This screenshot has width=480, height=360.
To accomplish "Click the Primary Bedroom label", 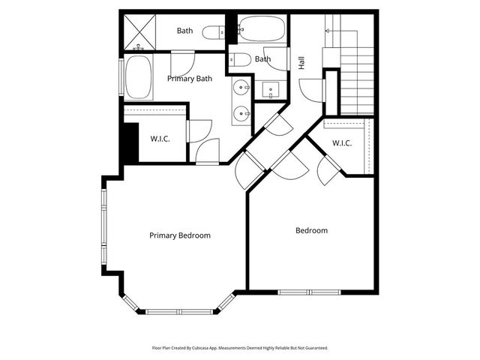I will click(x=179, y=235).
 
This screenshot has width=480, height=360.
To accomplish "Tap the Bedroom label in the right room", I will click(x=311, y=230).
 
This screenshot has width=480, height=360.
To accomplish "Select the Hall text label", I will click(x=301, y=63).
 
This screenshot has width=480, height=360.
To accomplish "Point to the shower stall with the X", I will click(x=139, y=31).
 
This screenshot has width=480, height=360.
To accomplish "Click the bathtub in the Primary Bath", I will click(x=139, y=77).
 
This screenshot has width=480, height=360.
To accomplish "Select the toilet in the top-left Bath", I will click(x=214, y=31).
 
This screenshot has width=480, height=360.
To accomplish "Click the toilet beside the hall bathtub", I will click(x=239, y=59).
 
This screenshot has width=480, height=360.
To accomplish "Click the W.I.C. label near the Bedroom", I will click(x=342, y=143).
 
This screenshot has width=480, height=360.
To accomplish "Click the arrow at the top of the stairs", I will click(x=328, y=30).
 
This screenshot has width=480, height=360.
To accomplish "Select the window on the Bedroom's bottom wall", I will click(x=309, y=291).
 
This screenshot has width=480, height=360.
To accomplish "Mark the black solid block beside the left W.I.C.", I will click(x=130, y=140).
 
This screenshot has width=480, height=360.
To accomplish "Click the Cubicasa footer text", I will click(x=240, y=348).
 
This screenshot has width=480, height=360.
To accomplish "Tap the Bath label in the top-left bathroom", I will click(x=185, y=31).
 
